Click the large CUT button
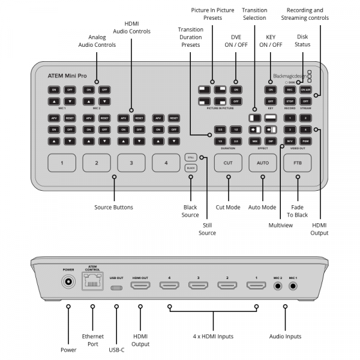[228, 163]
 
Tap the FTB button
[298, 163]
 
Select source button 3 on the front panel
[131, 163]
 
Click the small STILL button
[191, 157]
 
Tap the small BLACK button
[191, 169]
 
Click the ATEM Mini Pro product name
[67, 77]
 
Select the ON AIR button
[305, 89]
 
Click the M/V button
[289, 140]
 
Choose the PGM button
[305, 140]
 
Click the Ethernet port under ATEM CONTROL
[92, 284]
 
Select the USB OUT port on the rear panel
[116, 287]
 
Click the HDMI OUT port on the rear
[140, 286]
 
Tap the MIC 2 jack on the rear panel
[277, 286]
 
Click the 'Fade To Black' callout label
[297, 211]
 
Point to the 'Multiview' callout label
[281, 225]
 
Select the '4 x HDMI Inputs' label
[213, 337]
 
